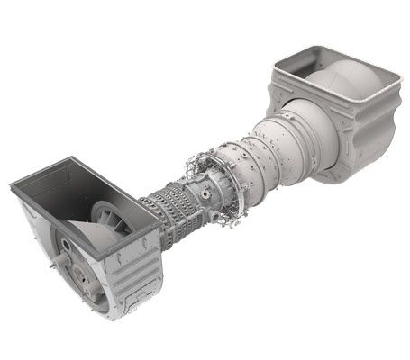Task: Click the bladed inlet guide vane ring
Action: (x=107, y=214)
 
